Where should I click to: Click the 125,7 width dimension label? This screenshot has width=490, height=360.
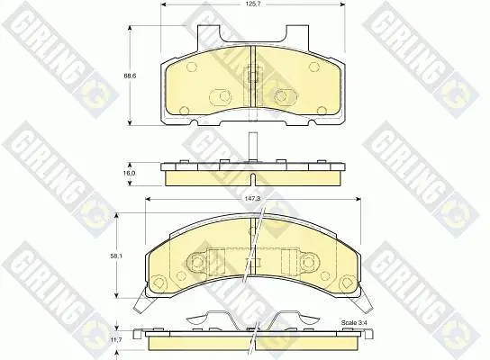point(253,4)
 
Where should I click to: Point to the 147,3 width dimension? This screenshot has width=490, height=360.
point(253,199)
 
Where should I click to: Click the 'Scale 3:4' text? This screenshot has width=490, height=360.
point(352,322)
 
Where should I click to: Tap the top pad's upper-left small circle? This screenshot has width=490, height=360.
point(191,67)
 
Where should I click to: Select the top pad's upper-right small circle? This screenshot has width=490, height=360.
point(313,67)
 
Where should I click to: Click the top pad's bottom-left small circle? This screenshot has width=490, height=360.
point(185,110)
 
